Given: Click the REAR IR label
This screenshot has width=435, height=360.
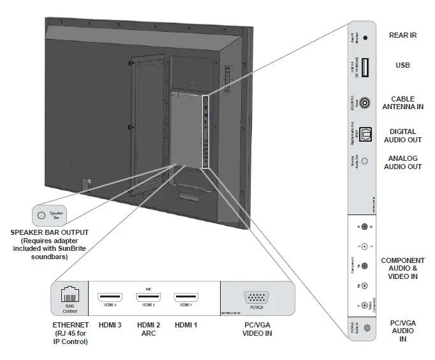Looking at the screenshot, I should [402, 36].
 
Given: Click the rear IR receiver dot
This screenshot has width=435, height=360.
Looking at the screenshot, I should [365, 38].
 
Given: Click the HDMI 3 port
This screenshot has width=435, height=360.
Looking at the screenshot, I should [110, 297].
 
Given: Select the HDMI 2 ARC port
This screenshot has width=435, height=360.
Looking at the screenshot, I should [148, 297].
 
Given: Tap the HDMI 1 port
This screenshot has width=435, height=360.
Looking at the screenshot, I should [186, 297].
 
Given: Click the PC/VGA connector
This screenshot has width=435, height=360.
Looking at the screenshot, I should [256, 298].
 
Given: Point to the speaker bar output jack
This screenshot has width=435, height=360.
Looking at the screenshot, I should [42, 215].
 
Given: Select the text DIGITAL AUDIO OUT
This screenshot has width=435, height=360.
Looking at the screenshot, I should [402, 135].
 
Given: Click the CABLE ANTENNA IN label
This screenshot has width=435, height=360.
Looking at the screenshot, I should [402, 103].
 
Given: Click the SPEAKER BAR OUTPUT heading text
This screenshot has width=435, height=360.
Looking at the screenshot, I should [49, 232].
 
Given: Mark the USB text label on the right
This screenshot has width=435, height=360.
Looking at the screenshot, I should [402, 65].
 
